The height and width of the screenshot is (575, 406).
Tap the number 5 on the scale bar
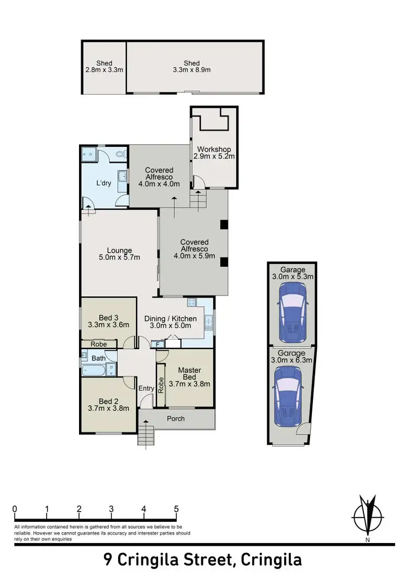(176, 509)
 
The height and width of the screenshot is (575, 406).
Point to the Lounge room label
(119, 250)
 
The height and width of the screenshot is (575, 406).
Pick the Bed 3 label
(109, 318)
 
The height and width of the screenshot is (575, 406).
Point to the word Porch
(176, 418)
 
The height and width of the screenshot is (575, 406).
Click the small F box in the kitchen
(158, 344)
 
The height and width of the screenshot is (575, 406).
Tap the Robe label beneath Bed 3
(99, 344)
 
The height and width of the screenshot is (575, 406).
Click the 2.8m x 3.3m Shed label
(104, 70)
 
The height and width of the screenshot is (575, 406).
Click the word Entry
(146, 388)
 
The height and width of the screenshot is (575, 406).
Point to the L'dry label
(103, 183)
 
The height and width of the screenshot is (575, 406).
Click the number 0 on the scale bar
(15, 509)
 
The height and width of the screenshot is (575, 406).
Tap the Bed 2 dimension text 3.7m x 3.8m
(108, 409)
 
